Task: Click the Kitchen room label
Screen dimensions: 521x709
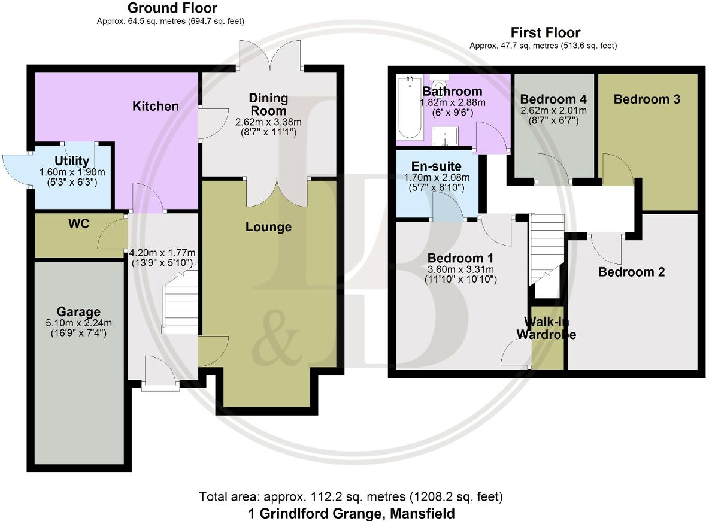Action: tap(155, 107)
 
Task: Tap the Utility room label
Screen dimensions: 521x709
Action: tap(72, 160)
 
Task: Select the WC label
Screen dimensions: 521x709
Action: tap(78, 224)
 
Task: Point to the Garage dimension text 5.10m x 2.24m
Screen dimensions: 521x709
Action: tap(78, 324)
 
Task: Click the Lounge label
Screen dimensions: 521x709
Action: tap(268, 227)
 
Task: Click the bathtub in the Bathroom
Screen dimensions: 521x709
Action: tap(410, 109)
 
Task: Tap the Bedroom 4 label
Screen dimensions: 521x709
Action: tap(553, 99)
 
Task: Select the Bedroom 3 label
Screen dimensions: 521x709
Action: tap(646, 99)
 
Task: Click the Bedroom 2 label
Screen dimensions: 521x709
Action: tap(632, 272)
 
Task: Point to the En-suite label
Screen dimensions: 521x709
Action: tap(435, 166)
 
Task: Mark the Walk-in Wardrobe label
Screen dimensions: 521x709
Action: tap(546, 328)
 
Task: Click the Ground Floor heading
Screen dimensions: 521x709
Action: tap(172, 8)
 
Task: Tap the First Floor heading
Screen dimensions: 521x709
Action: tap(545, 32)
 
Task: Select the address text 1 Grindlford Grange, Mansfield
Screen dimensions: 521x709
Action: tap(352, 513)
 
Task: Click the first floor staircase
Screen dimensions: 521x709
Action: tap(547, 252)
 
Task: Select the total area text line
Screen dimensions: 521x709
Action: tap(352, 497)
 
